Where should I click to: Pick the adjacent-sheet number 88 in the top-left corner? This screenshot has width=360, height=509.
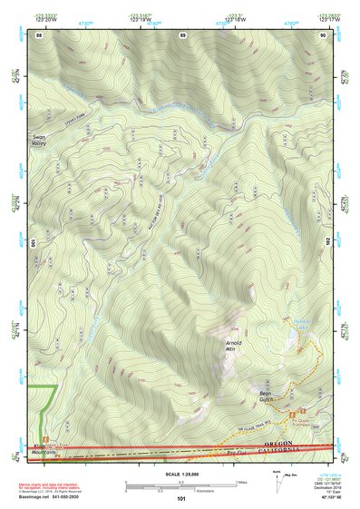39,35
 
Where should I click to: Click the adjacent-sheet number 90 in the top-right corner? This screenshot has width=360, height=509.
323,35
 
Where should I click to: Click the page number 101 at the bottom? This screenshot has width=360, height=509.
181,498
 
